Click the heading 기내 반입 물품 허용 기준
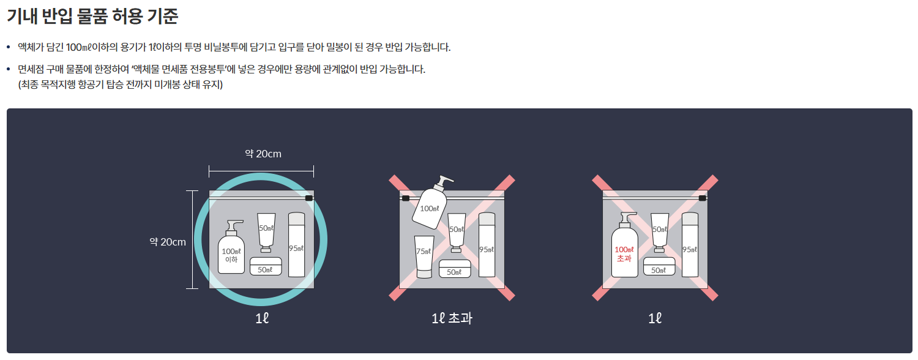tap(92, 17)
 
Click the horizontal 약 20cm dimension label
tap(263, 154)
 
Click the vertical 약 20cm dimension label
tap(168, 242)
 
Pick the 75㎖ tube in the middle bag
tap(424, 257)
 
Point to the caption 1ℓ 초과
tap(452, 318)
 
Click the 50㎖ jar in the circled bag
tap(266, 266)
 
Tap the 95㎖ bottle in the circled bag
tap(296, 245)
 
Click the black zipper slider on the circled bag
tap(309, 198)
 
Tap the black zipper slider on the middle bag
tap(405, 198)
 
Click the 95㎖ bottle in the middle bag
tap(487, 245)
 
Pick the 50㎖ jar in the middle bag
tap(455, 269)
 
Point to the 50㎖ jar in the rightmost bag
tap(659, 266)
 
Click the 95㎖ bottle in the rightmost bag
tap(690, 245)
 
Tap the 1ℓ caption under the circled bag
tap(262, 318)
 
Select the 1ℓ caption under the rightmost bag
tap(655, 318)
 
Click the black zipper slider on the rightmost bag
tap(703, 198)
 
